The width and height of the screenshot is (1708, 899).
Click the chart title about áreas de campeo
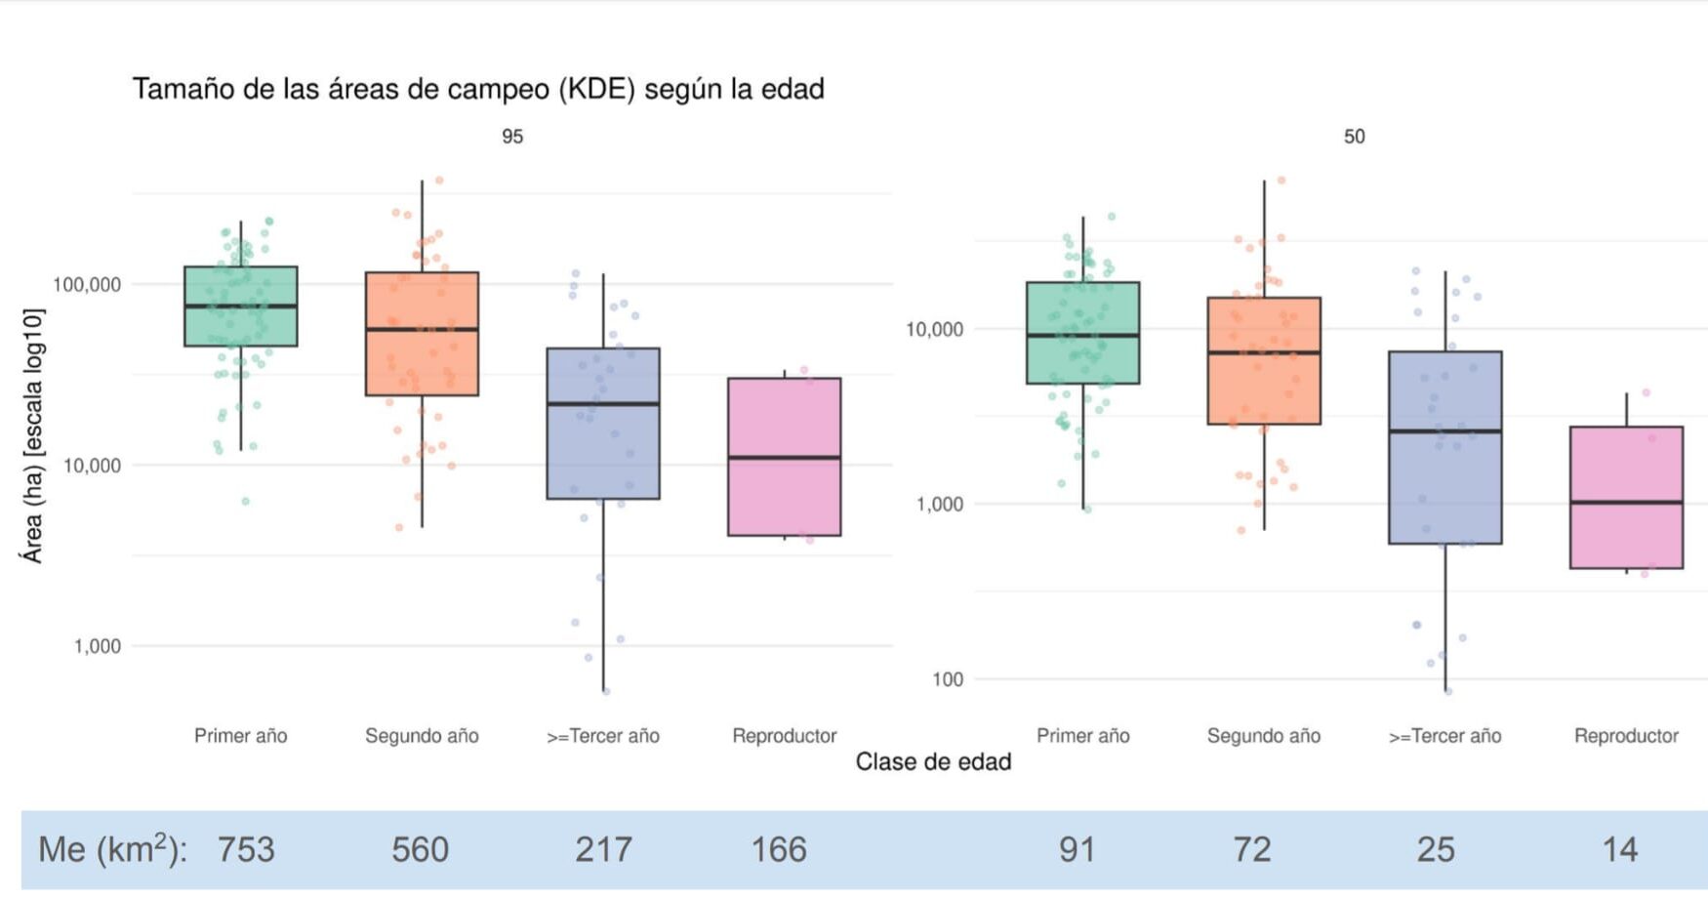[478, 89]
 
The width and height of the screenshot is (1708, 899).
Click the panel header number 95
[512, 137]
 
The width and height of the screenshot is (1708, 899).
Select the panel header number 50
[1354, 137]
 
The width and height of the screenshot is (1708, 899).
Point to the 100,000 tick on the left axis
[87, 285]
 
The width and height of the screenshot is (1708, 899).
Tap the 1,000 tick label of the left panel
[97, 646]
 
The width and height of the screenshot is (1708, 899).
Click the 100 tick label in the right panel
[947, 679]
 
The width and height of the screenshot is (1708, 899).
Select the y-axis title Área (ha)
[33, 435]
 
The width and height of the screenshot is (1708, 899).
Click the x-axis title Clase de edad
[933, 761]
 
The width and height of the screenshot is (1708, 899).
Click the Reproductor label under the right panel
[1626, 736]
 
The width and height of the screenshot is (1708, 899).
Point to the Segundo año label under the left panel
[422, 736]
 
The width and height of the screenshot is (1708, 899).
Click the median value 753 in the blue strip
[246, 849]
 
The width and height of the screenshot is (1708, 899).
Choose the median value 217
[603, 849]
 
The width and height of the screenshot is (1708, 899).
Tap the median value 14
[1620, 849]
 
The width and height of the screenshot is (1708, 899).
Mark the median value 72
[1252, 849]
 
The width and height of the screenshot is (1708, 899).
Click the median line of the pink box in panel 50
[1626, 502]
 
